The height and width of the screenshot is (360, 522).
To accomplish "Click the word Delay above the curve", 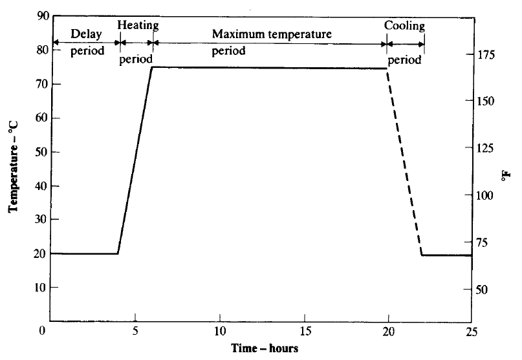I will click(x=86, y=34).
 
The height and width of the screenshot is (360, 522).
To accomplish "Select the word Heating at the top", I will click(x=138, y=25).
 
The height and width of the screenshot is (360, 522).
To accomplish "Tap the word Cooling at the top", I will click(x=404, y=26).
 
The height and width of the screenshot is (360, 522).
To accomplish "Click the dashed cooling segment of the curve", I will click(x=404, y=162).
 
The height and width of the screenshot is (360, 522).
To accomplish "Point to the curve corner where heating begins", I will click(x=118, y=253).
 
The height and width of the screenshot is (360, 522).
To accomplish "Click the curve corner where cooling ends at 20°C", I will click(x=422, y=255).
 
